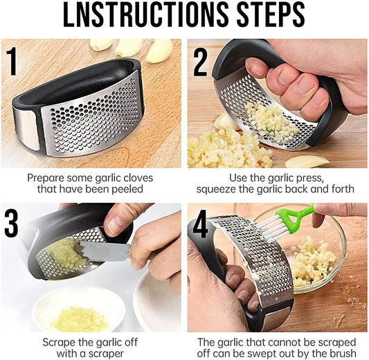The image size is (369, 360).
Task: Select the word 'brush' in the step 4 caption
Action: (x=341, y=353)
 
